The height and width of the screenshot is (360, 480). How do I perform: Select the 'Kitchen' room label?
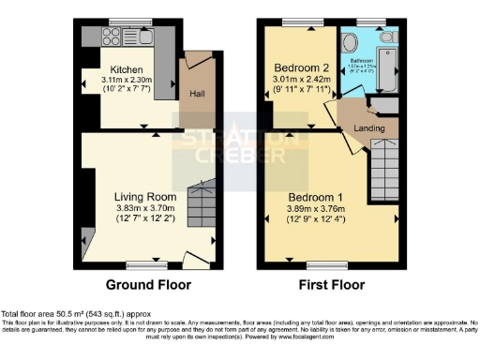click(127, 70)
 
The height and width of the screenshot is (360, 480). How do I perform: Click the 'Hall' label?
click(198, 94)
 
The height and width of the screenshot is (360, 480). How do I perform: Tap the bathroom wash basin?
click(351, 42)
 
